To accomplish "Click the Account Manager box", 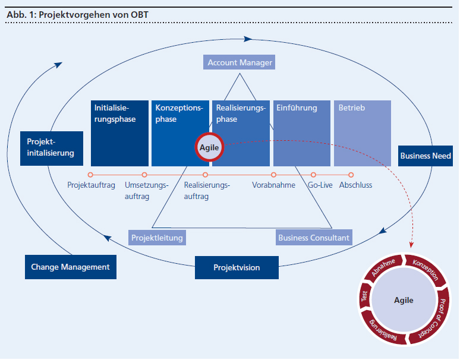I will pyautogui.click(x=240, y=62).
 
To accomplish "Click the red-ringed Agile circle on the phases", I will pyautogui.click(x=210, y=147).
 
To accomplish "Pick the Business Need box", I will pyautogui.click(x=425, y=156).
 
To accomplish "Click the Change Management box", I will pyautogui.click(x=70, y=267).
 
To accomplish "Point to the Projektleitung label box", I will pyautogui.click(x=157, y=238).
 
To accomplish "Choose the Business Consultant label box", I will pyautogui.click(x=314, y=238).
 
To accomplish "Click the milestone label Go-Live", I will pyautogui.click(x=320, y=185).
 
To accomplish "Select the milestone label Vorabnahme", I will pyautogui.click(x=273, y=185).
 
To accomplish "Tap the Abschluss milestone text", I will pyautogui.click(x=355, y=185).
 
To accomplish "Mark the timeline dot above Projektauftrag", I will pyautogui.click(x=90, y=175).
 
